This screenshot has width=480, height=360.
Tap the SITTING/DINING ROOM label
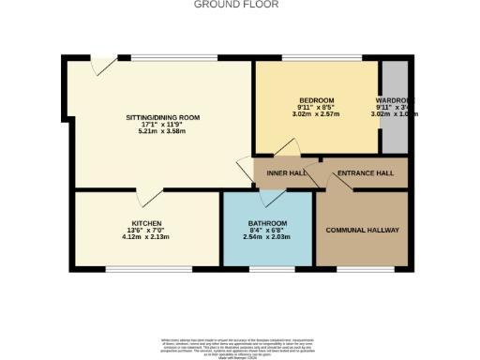pos(163,117)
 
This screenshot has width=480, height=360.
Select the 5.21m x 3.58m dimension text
pos(163,132)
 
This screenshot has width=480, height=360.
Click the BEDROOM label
pos(316,100)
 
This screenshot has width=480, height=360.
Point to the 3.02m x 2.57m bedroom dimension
pos(316,115)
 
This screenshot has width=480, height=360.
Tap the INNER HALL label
pos(285,173)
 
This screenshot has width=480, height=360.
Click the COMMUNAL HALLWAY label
pos(363,230)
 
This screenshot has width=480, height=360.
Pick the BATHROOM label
pos(268,223)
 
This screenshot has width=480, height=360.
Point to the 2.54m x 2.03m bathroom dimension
pos(268,237)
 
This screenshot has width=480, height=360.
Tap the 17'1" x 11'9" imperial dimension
pos(163,125)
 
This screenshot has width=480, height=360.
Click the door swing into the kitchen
pos(145,199)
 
